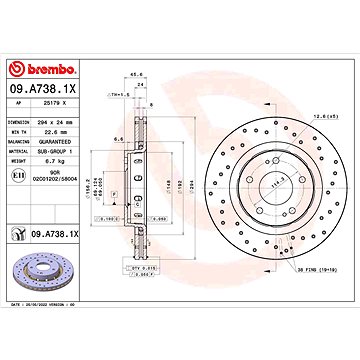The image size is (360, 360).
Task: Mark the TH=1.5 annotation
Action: click(119, 94)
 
